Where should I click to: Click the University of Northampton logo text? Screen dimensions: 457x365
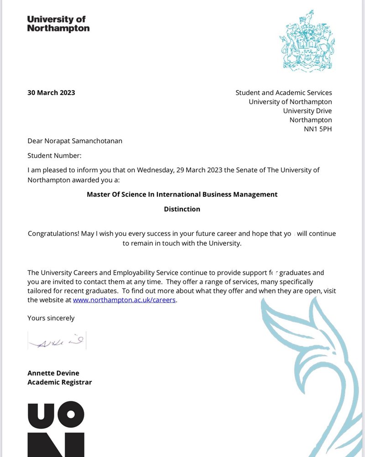[58, 24]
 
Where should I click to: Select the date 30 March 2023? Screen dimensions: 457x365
[51, 93]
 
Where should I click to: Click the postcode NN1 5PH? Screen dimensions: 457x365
[318, 129]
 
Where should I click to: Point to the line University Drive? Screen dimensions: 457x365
[307, 111]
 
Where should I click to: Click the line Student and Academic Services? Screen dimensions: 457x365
[283, 93]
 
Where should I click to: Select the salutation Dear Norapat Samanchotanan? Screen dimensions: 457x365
[75, 141]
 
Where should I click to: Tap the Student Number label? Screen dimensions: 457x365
[54, 155]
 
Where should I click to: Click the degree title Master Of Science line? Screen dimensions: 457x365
[182, 194]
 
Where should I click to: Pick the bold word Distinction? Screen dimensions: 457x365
[182, 209]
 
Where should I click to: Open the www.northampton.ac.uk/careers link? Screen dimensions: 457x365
[124, 300]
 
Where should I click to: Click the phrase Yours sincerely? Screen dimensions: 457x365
[51, 318]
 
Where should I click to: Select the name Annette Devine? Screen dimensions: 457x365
[53, 373]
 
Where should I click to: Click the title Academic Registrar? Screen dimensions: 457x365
[59, 382]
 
